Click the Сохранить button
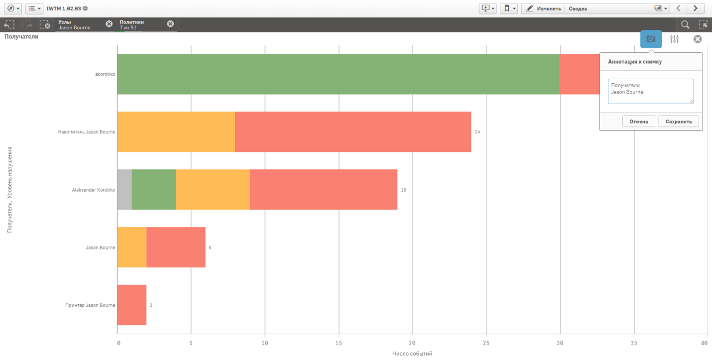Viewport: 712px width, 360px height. (x=679, y=121)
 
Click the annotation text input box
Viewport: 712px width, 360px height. (x=650, y=91)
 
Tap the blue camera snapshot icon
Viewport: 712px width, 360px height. (x=651, y=39)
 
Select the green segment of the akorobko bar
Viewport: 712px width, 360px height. (x=338, y=74)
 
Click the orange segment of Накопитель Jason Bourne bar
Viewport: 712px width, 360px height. (x=176, y=132)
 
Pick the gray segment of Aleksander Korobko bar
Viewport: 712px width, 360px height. (x=124, y=190)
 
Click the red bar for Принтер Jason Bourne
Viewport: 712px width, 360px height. (x=131, y=305)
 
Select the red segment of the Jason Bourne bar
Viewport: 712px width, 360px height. (x=176, y=247)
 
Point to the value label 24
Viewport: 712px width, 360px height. (x=477, y=132)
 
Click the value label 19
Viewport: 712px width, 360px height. (x=403, y=190)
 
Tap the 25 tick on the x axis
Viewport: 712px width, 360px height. (x=486, y=343)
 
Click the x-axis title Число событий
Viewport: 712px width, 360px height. (x=412, y=354)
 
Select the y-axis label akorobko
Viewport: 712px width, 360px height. (x=105, y=74)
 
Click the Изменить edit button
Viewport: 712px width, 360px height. (x=543, y=8)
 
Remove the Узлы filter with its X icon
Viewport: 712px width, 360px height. (x=109, y=24)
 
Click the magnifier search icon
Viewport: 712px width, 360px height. (x=685, y=24)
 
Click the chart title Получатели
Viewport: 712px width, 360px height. (x=21, y=37)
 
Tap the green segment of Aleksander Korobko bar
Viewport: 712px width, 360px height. (x=154, y=190)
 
